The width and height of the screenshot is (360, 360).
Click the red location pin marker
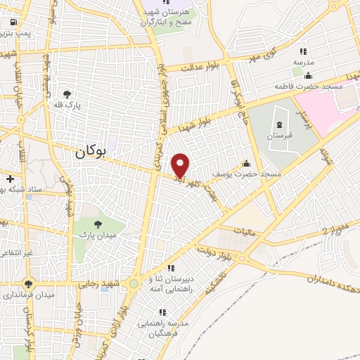pyautogui.click(x=181, y=165)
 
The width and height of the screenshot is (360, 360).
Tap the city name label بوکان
pyautogui.click(x=91, y=150)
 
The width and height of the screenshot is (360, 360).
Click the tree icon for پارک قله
pyautogui.click(x=67, y=94)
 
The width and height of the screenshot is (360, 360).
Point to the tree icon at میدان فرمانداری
pyautogui.click(x=28, y=284)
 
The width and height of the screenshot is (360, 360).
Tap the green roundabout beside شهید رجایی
pyautogui.click(x=134, y=283)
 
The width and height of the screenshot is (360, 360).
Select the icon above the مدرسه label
pyautogui.click(x=303, y=51)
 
